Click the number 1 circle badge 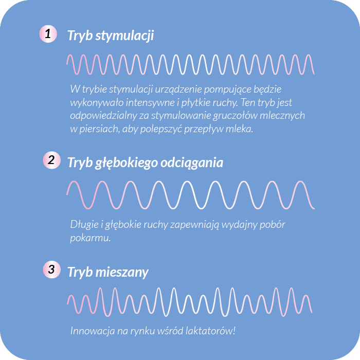48,34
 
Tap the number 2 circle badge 51,160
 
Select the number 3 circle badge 51,269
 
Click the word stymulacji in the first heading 124,36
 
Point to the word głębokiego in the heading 127,163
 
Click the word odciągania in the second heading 192,163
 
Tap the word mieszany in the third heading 122,272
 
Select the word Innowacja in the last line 93,331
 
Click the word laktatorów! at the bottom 210,331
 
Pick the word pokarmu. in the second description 91,238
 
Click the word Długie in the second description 84,225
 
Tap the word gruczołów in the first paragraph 235,116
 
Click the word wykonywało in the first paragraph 97,103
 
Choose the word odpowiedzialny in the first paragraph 103,116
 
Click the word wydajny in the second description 239,225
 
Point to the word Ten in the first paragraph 248,102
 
